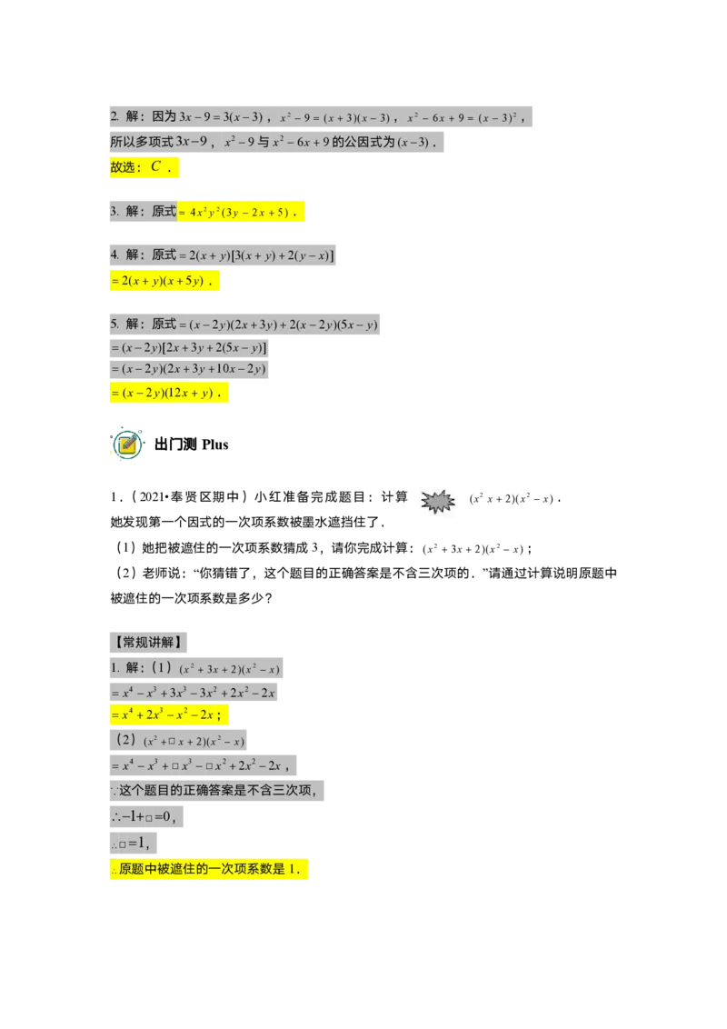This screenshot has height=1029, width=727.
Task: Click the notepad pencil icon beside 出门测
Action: [x=127, y=445]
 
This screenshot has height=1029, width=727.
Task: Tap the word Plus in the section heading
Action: [x=215, y=445]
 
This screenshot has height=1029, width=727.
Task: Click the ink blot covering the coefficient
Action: [x=438, y=502]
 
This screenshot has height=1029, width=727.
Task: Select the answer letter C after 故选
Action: [x=155, y=166]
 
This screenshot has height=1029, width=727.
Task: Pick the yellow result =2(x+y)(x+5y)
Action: [x=164, y=281]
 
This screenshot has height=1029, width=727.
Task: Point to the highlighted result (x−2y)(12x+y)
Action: [x=169, y=393]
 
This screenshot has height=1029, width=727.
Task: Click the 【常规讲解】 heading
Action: [x=148, y=642]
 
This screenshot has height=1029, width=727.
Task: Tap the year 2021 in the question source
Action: [x=152, y=497]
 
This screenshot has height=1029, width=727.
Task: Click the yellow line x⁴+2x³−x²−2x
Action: [x=169, y=714]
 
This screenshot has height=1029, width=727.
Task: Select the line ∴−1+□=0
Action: [x=145, y=817]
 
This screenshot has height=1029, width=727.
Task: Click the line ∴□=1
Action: [x=134, y=844]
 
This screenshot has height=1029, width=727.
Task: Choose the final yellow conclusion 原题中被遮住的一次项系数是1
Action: [x=209, y=870]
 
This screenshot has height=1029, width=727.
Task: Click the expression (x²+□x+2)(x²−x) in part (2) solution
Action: [x=194, y=742]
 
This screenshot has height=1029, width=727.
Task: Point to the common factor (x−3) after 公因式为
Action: [x=413, y=143]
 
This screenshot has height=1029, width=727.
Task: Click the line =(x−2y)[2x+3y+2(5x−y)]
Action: [x=189, y=348]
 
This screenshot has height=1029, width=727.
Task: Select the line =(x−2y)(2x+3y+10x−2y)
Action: [x=189, y=369]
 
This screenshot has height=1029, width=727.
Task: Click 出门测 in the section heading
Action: [x=176, y=445]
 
